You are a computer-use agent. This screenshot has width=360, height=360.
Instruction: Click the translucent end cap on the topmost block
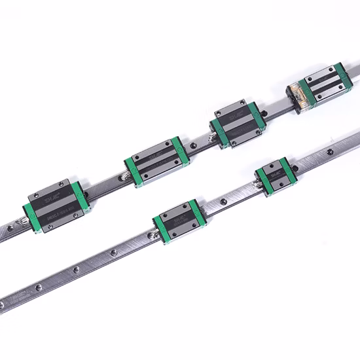click(x=298, y=97)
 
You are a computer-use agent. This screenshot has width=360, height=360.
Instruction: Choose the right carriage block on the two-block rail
click(x=276, y=175)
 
